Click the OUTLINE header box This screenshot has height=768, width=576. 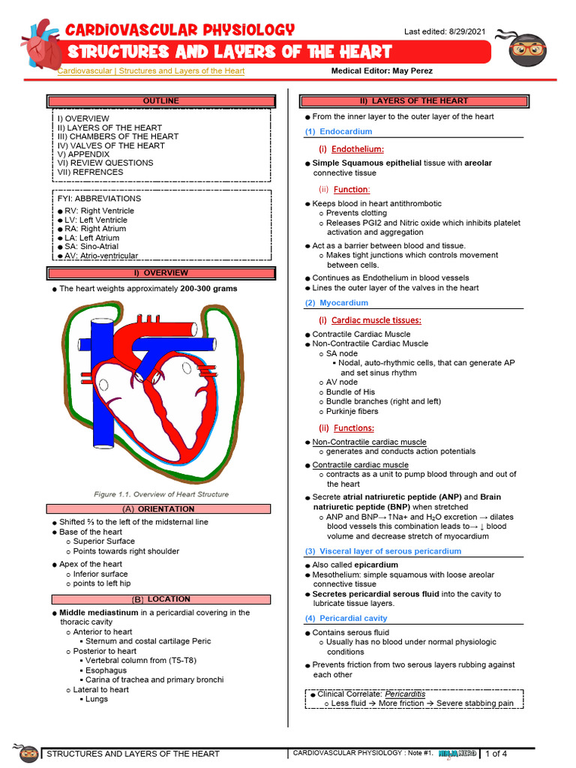[160, 101]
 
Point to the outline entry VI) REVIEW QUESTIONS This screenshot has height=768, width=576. [105, 163]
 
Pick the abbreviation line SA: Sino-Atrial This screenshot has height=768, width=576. [91, 247]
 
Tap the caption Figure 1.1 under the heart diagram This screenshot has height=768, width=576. [161, 494]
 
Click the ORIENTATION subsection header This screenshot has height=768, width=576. [160, 509]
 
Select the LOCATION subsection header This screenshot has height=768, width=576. [160, 600]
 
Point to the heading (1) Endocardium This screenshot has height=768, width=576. [338, 131]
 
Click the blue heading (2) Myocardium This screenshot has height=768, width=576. [337, 303]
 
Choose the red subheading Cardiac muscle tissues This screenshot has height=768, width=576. [376, 320]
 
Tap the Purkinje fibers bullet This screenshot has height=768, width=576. [352, 411]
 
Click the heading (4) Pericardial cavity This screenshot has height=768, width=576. [346, 618]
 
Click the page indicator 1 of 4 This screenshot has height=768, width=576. [496, 754]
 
